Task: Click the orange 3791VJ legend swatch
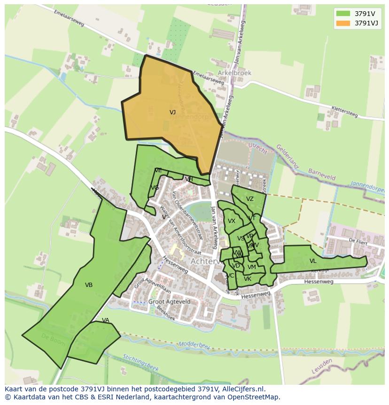[343, 23]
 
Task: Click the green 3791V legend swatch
[343, 14]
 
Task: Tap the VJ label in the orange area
[172, 112]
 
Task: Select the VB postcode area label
[89, 285]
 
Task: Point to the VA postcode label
[106, 321]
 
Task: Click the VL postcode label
[313, 261]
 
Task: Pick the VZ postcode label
[249, 199]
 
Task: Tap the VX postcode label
[232, 221]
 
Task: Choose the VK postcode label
[248, 279]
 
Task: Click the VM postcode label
[251, 267]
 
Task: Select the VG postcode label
[155, 188]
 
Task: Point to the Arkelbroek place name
[234, 73]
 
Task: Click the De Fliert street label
[358, 240]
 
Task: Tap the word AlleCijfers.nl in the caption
[238, 389]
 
